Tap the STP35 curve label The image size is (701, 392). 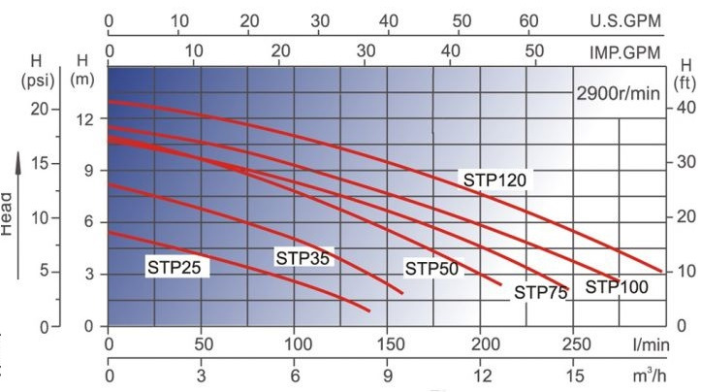click(303, 258)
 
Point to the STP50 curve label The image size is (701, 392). click(431, 269)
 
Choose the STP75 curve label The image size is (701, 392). click(541, 292)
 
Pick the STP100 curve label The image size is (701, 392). click(617, 286)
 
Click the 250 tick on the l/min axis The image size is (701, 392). click(576, 344)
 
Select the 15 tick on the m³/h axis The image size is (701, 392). click(576, 376)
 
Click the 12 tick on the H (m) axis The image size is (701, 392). click(82, 118)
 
